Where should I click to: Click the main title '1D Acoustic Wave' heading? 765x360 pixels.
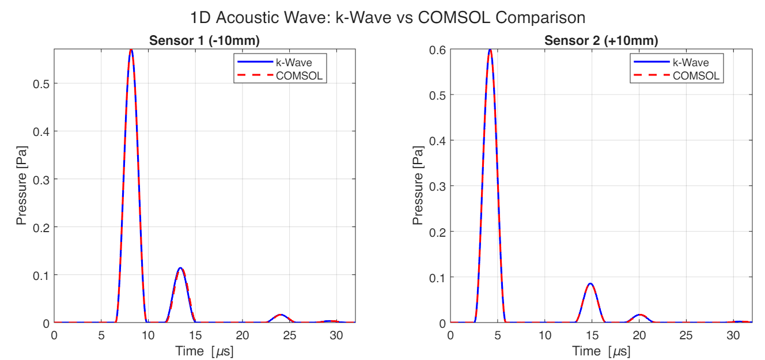[x=382, y=18]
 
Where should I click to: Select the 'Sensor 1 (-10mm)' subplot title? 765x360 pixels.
[x=204, y=41]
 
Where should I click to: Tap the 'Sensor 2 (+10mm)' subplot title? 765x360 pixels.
[x=601, y=41]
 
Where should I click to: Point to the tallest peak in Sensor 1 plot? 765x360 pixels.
[x=131, y=50]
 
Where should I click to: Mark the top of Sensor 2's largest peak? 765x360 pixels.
[x=490, y=50]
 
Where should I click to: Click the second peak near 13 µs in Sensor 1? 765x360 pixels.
[x=180, y=268]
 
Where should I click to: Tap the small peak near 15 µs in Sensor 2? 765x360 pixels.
[x=590, y=284]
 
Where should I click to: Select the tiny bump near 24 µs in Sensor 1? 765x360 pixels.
[x=281, y=315]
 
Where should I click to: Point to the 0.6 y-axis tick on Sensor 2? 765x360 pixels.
[x=437, y=50]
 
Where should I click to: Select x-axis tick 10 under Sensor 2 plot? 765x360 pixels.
[x=544, y=335]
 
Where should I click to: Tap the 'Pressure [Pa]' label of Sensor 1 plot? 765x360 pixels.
[x=21, y=185]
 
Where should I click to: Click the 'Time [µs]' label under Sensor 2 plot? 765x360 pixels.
[x=601, y=351]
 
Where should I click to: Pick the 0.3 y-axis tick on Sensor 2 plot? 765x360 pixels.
[x=437, y=186]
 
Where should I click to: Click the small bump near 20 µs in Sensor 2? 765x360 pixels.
[x=640, y=315]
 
